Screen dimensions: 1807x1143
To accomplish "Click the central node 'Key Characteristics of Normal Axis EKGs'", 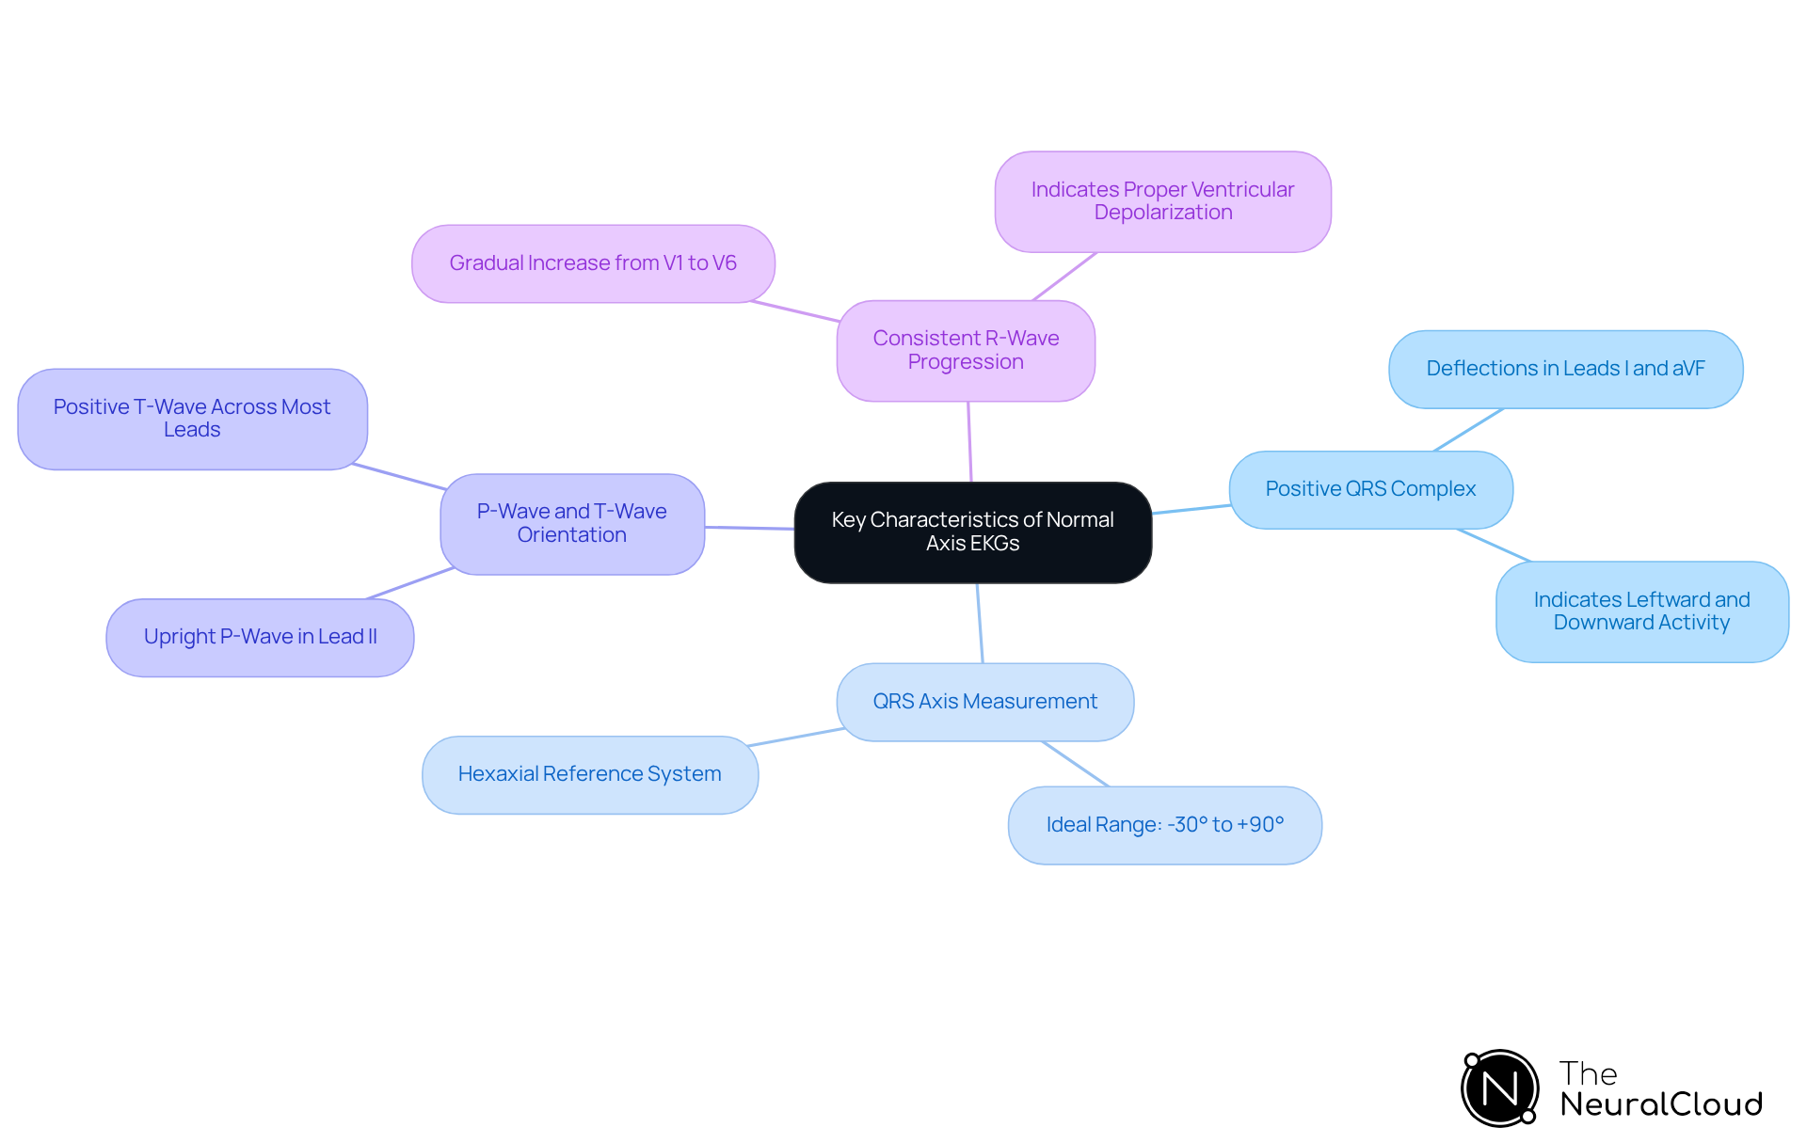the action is (x=973, y=532).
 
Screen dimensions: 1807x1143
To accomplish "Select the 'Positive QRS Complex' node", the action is (x=1371, y=490).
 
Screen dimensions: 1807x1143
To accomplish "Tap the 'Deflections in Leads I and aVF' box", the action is (x=1566, y=370).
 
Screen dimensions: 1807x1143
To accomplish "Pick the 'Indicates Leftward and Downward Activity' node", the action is (x=1642, y=611).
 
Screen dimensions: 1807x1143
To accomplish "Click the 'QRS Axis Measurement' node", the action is (x=985, y=702).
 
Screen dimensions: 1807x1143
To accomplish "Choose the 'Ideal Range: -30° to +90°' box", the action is (x=1165, y=825).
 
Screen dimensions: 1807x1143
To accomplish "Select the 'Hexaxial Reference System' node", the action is (x=590, y=774).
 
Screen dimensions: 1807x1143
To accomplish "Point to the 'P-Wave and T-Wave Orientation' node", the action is (x=572, y=524).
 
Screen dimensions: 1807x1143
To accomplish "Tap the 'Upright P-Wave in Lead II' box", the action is (x=260, y=638).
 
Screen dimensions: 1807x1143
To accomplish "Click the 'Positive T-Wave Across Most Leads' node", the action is (x=192, y=419).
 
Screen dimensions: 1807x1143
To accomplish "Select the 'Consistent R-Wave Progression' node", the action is (x=966, y=351).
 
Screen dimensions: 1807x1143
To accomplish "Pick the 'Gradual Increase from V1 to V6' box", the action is (x=593, y=263).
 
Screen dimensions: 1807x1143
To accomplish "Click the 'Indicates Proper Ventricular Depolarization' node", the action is (x=1163, y=201).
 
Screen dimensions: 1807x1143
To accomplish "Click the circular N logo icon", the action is (x=1500, y=1088).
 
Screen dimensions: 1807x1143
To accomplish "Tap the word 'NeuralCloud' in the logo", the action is (x=1661, y=1104).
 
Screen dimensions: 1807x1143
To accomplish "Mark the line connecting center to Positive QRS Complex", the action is (x=1191, y=509).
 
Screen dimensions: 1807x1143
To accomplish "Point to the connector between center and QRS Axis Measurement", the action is (x=980, y=623).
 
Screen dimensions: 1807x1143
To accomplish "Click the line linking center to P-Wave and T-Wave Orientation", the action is (x=750, y=528).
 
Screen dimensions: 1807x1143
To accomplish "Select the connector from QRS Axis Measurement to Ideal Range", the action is (x=1076, y=764).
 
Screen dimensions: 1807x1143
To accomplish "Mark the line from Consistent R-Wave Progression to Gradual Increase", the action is (x=795, y=311).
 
